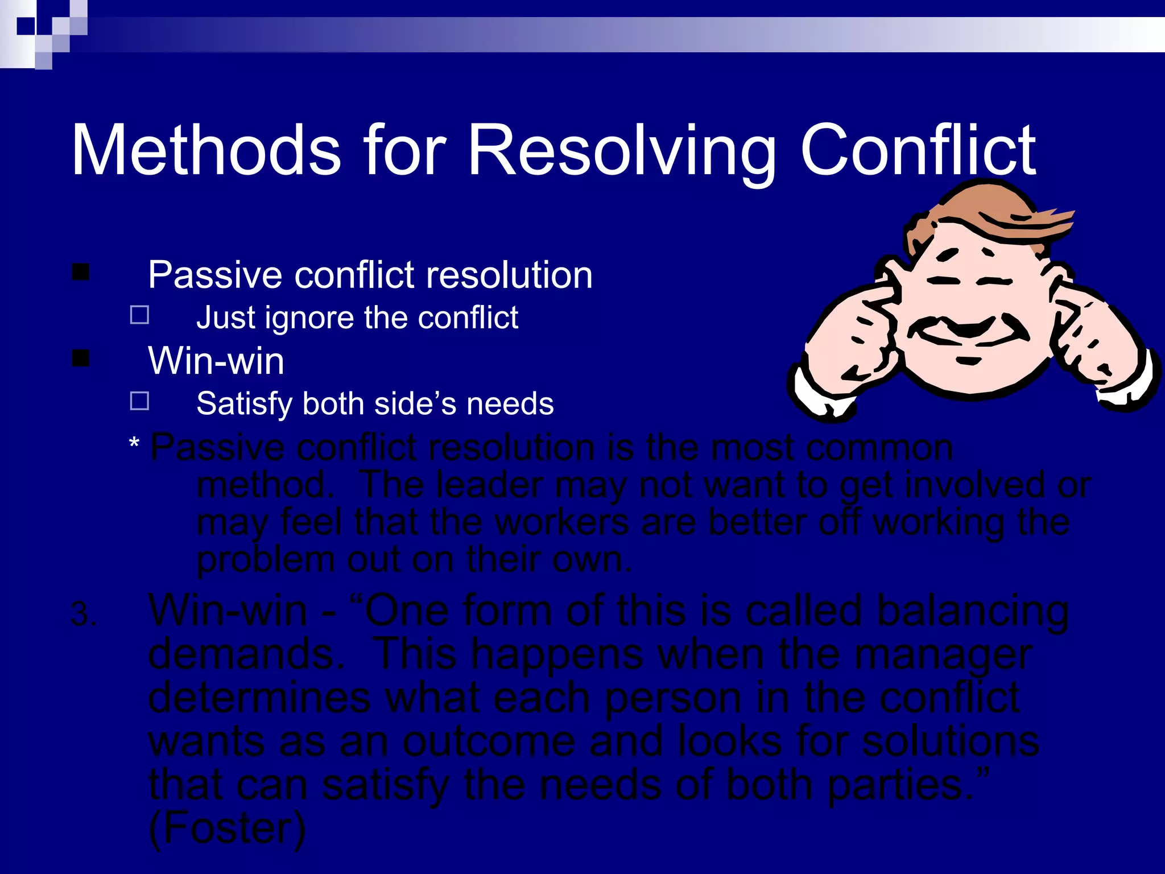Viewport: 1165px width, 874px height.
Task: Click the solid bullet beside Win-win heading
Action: pyautogui.click(x=81, y=358)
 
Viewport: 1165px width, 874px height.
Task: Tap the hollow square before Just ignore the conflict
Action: pyautogui.click(x=139, y=315)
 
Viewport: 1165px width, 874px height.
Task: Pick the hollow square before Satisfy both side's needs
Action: pyautogui.click(x=139, y=401)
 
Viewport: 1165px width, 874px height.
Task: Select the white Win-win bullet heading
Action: pyautogui.click(x=216, y=361)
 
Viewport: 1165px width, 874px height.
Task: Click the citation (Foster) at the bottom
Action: pyautogui.click(x=227, y=828)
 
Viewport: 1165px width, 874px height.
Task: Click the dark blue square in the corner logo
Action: pyautogui.click(x=26, y=26)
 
